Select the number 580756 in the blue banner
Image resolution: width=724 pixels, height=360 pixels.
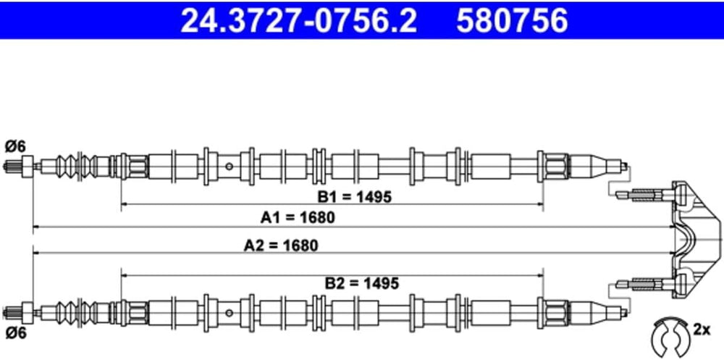[x=513, y=20]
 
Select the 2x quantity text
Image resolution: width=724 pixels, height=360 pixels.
[x=701, y=329]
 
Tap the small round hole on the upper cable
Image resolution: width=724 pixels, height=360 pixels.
[x=229, y=167]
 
